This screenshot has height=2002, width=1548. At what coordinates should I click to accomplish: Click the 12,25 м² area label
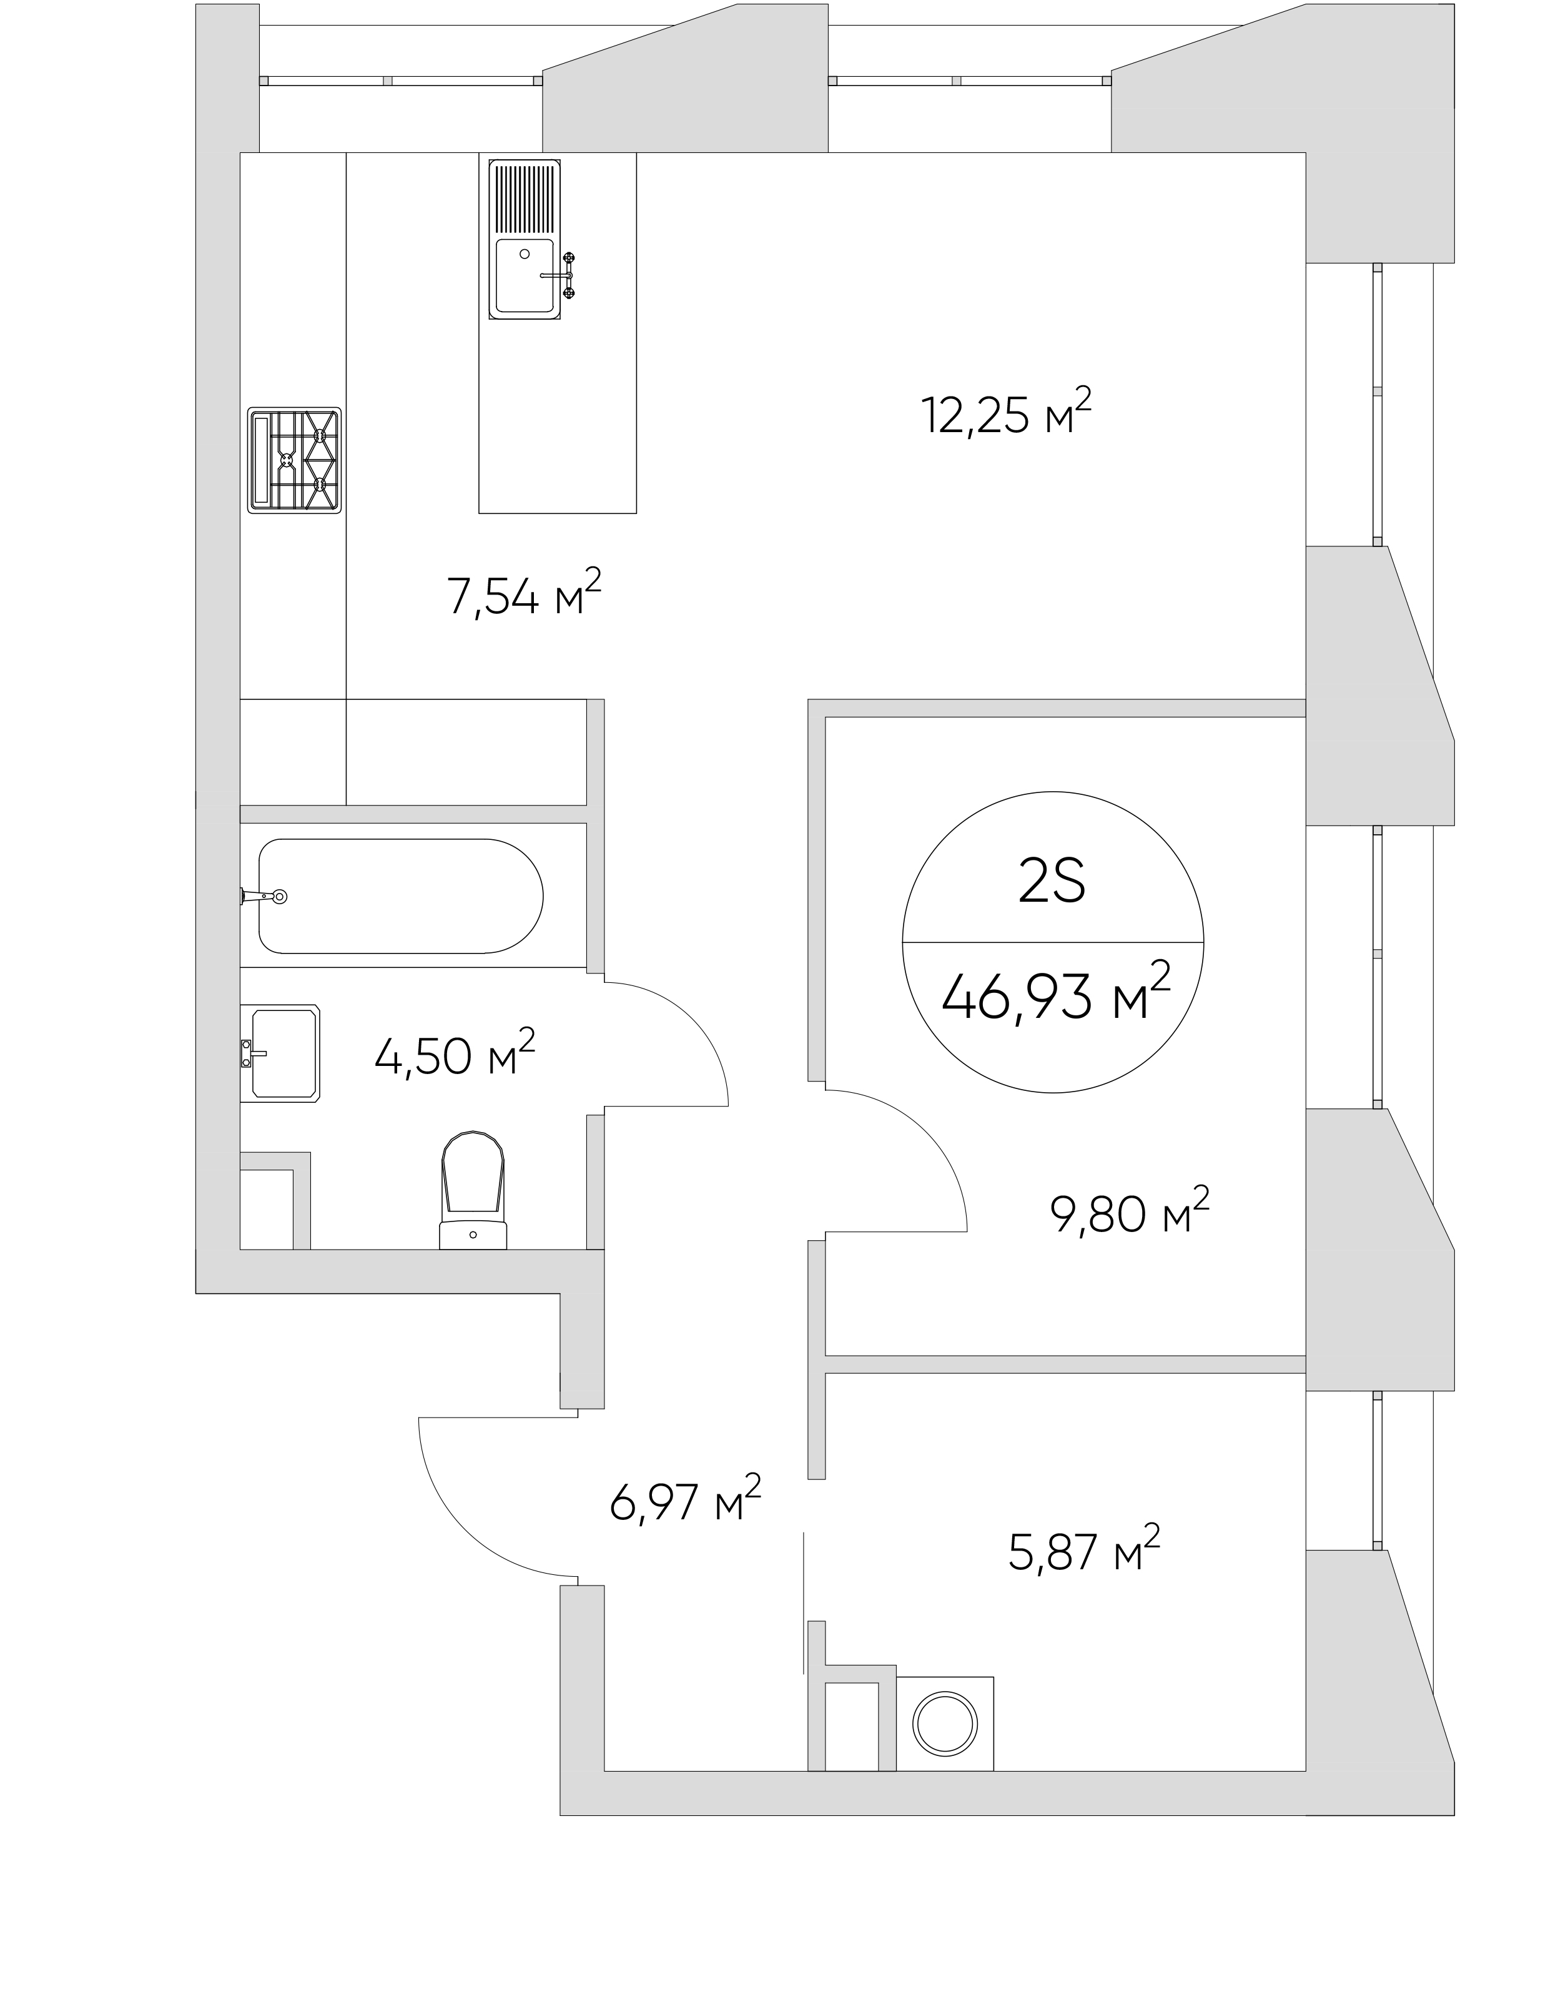point(1005,413)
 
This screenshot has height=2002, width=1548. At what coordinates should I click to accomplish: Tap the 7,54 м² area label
point(523,594)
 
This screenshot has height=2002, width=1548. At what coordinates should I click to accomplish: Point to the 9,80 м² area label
point(1129,1211)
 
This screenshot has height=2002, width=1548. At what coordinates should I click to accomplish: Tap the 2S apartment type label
point(1052,882)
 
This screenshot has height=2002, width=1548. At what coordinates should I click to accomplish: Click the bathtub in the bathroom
point(400,895)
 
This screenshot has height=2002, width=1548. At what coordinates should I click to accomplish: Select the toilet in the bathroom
point(473,1189)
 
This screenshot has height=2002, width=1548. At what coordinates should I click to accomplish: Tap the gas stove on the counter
point(294,459)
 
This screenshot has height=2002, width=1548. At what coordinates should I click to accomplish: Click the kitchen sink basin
point(525,275)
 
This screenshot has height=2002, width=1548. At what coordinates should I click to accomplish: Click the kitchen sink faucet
point(560,274)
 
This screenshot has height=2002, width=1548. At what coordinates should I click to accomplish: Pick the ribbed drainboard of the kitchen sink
point(525,197)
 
